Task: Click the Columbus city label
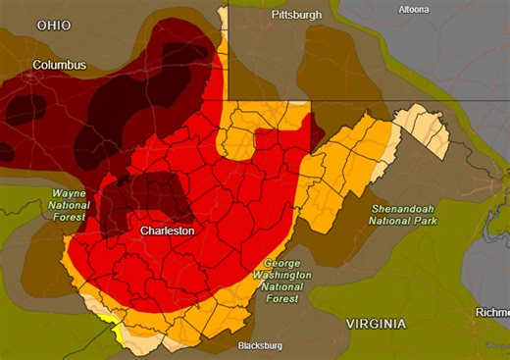(x=59, y=66)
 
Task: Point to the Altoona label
(x=413, y=10)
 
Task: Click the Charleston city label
(x=167, y=231)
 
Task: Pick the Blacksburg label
(x=260, y=346)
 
